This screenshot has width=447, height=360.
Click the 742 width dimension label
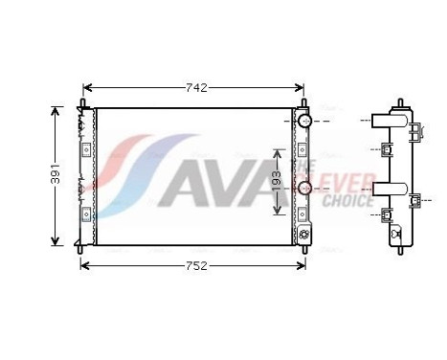[195, 87]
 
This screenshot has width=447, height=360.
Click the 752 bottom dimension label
[195, 266]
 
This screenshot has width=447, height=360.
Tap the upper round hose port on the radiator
[304, 122]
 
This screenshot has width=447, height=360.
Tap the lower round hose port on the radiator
[304, 188]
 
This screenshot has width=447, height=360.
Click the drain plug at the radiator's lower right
[305, 235]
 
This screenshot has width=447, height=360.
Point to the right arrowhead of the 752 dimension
[305, 266]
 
